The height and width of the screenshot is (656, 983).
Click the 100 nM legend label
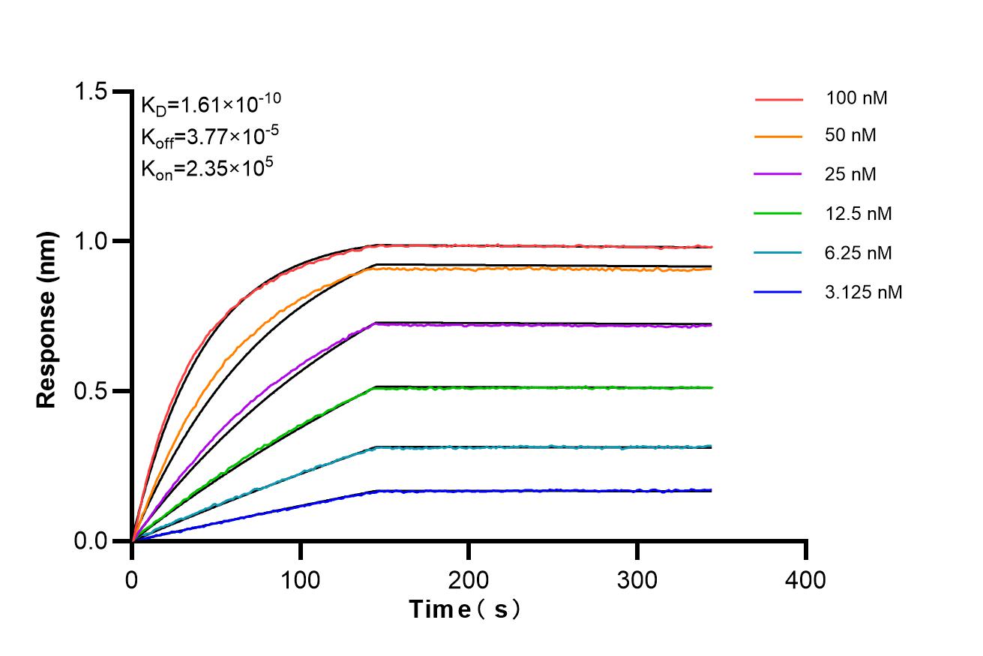coord(857,98)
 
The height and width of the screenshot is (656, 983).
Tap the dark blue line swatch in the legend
coord(778,292)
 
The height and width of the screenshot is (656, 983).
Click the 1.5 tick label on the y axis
coord(91,92)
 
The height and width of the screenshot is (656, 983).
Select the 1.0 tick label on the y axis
coord(91,241)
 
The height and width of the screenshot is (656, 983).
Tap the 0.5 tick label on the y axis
coord(91,391)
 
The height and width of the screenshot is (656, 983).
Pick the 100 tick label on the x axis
coord(301,580)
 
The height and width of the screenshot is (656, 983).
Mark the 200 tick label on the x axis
coord(469,580)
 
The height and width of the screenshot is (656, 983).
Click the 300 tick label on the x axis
coord(637,580)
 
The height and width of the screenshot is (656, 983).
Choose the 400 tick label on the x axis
coord(805,580)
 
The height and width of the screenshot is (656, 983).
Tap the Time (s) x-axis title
coord(465,609)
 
